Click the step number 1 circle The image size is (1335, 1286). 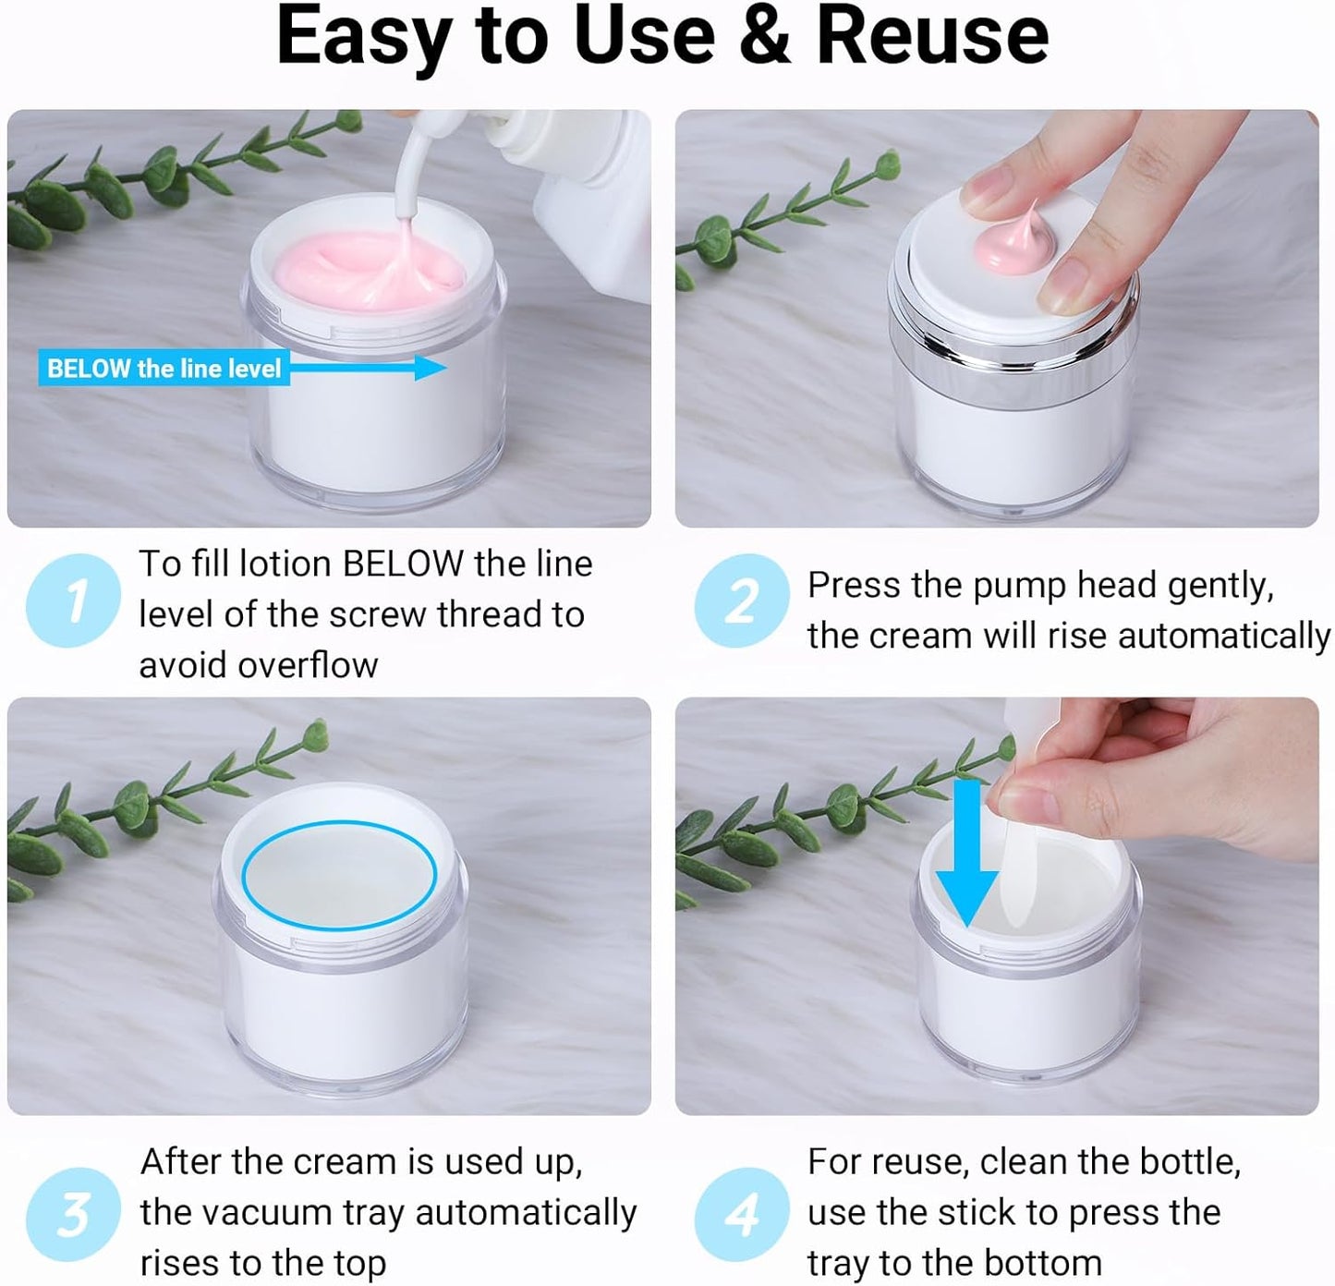point(73,601)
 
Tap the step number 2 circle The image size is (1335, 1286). point(741,601)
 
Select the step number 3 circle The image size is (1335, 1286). point(73,1214)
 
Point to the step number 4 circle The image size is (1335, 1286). point(741,1214)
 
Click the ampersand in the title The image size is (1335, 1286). point(764,37)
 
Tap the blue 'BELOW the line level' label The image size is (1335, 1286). point(164,369)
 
